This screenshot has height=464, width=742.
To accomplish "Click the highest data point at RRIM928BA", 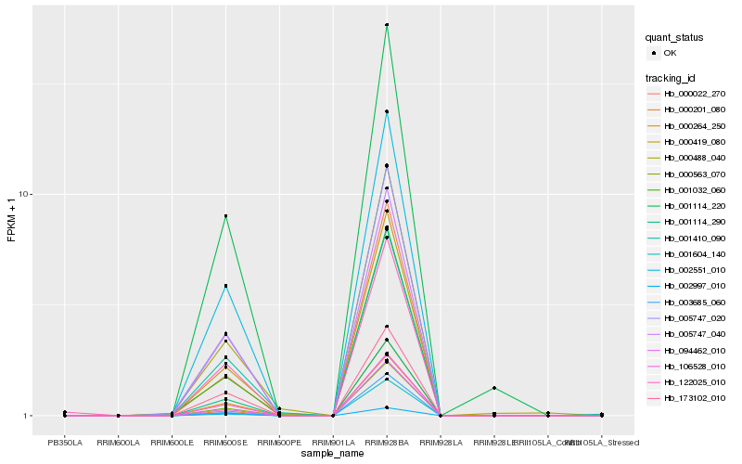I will (x=387, y=25).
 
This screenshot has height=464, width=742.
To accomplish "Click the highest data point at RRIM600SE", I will (x=225, y=216).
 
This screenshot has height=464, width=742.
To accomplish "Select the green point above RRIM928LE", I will (x=494, y=388).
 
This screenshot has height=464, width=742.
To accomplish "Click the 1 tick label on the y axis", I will (x=28, y=416).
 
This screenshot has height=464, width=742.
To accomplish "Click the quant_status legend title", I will (x=674, y=38).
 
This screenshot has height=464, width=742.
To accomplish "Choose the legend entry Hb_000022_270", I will (x=694, y=94).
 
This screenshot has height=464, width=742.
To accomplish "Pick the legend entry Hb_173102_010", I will (x=694, y=398).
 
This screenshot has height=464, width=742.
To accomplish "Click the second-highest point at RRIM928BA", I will (x=387, y=111).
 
